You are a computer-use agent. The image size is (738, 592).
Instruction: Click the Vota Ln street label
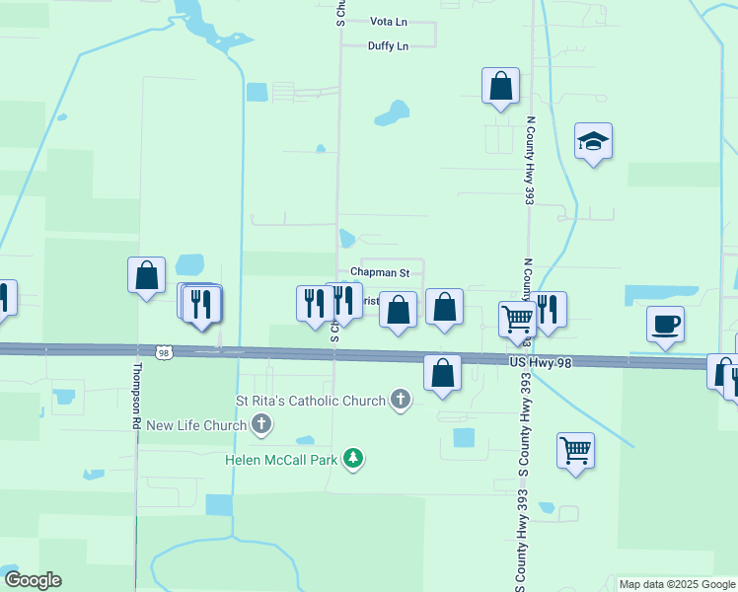click(388, 21)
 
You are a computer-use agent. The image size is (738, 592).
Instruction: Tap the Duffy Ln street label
click(388, 45)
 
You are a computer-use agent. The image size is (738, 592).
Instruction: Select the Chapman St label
click(380, 271)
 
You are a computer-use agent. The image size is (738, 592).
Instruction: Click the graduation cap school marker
click(593, 143)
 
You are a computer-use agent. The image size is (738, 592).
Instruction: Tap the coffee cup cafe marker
click(666, 324)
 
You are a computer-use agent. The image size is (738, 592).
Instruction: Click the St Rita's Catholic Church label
click(311, 401)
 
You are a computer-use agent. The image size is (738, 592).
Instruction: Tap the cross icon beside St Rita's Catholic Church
click(400, 400)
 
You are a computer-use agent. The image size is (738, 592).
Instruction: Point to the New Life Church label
click(196, 425)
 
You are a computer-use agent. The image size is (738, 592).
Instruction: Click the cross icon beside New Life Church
click(261, 425)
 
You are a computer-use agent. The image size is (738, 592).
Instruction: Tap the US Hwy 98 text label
click(541, 363)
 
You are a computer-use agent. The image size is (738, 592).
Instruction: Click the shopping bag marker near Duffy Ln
click(500, 86)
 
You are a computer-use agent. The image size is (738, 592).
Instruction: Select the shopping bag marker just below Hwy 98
click(442, 374)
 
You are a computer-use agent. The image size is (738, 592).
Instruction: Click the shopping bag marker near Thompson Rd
click(146, 275)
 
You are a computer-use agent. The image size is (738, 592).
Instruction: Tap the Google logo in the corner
click(33, 580)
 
